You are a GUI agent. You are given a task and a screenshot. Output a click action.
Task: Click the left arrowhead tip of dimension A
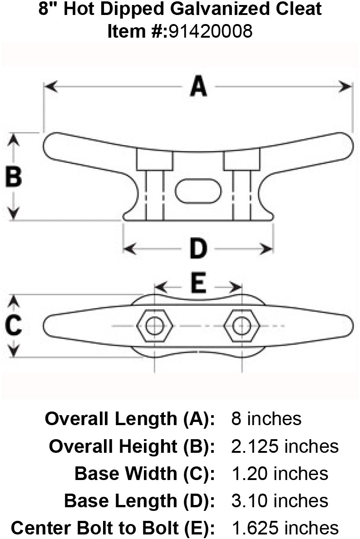click(45, 87)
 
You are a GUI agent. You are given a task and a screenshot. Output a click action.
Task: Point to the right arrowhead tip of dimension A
click(352, 87)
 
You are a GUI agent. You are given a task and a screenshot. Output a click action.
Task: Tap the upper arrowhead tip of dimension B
click(14, 134)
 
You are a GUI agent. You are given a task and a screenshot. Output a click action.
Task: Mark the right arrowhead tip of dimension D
click(273, 249)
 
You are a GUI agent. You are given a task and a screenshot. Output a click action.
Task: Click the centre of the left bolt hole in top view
click(154, 325)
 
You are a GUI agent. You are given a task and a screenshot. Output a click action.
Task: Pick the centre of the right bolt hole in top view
click(242, 325)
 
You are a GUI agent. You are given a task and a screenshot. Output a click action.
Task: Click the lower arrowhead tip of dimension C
click(14, 357)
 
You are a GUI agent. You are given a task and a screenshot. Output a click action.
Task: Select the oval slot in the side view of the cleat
click(198, 191)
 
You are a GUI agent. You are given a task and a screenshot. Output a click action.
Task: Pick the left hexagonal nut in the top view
click(154, 325)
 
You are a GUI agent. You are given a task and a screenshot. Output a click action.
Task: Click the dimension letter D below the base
click(198, 248)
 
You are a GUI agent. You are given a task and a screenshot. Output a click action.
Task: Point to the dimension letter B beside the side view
click(14, 176)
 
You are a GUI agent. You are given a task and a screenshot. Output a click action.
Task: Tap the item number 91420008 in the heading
click(210, 31)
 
